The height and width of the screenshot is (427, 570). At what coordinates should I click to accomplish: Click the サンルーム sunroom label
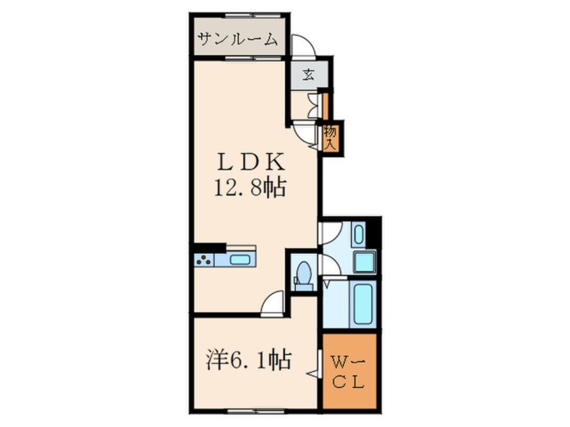tap(237, 40)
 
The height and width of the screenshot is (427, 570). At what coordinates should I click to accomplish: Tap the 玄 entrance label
tap(307, 75)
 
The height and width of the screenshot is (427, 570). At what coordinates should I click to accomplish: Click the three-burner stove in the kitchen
tap(204, 259)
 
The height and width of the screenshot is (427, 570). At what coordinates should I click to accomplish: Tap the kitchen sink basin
tap(240, 259)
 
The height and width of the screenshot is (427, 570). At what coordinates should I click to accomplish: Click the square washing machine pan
tap(365, 261)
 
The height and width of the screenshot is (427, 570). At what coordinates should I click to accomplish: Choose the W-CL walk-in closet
tap(348, 372)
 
